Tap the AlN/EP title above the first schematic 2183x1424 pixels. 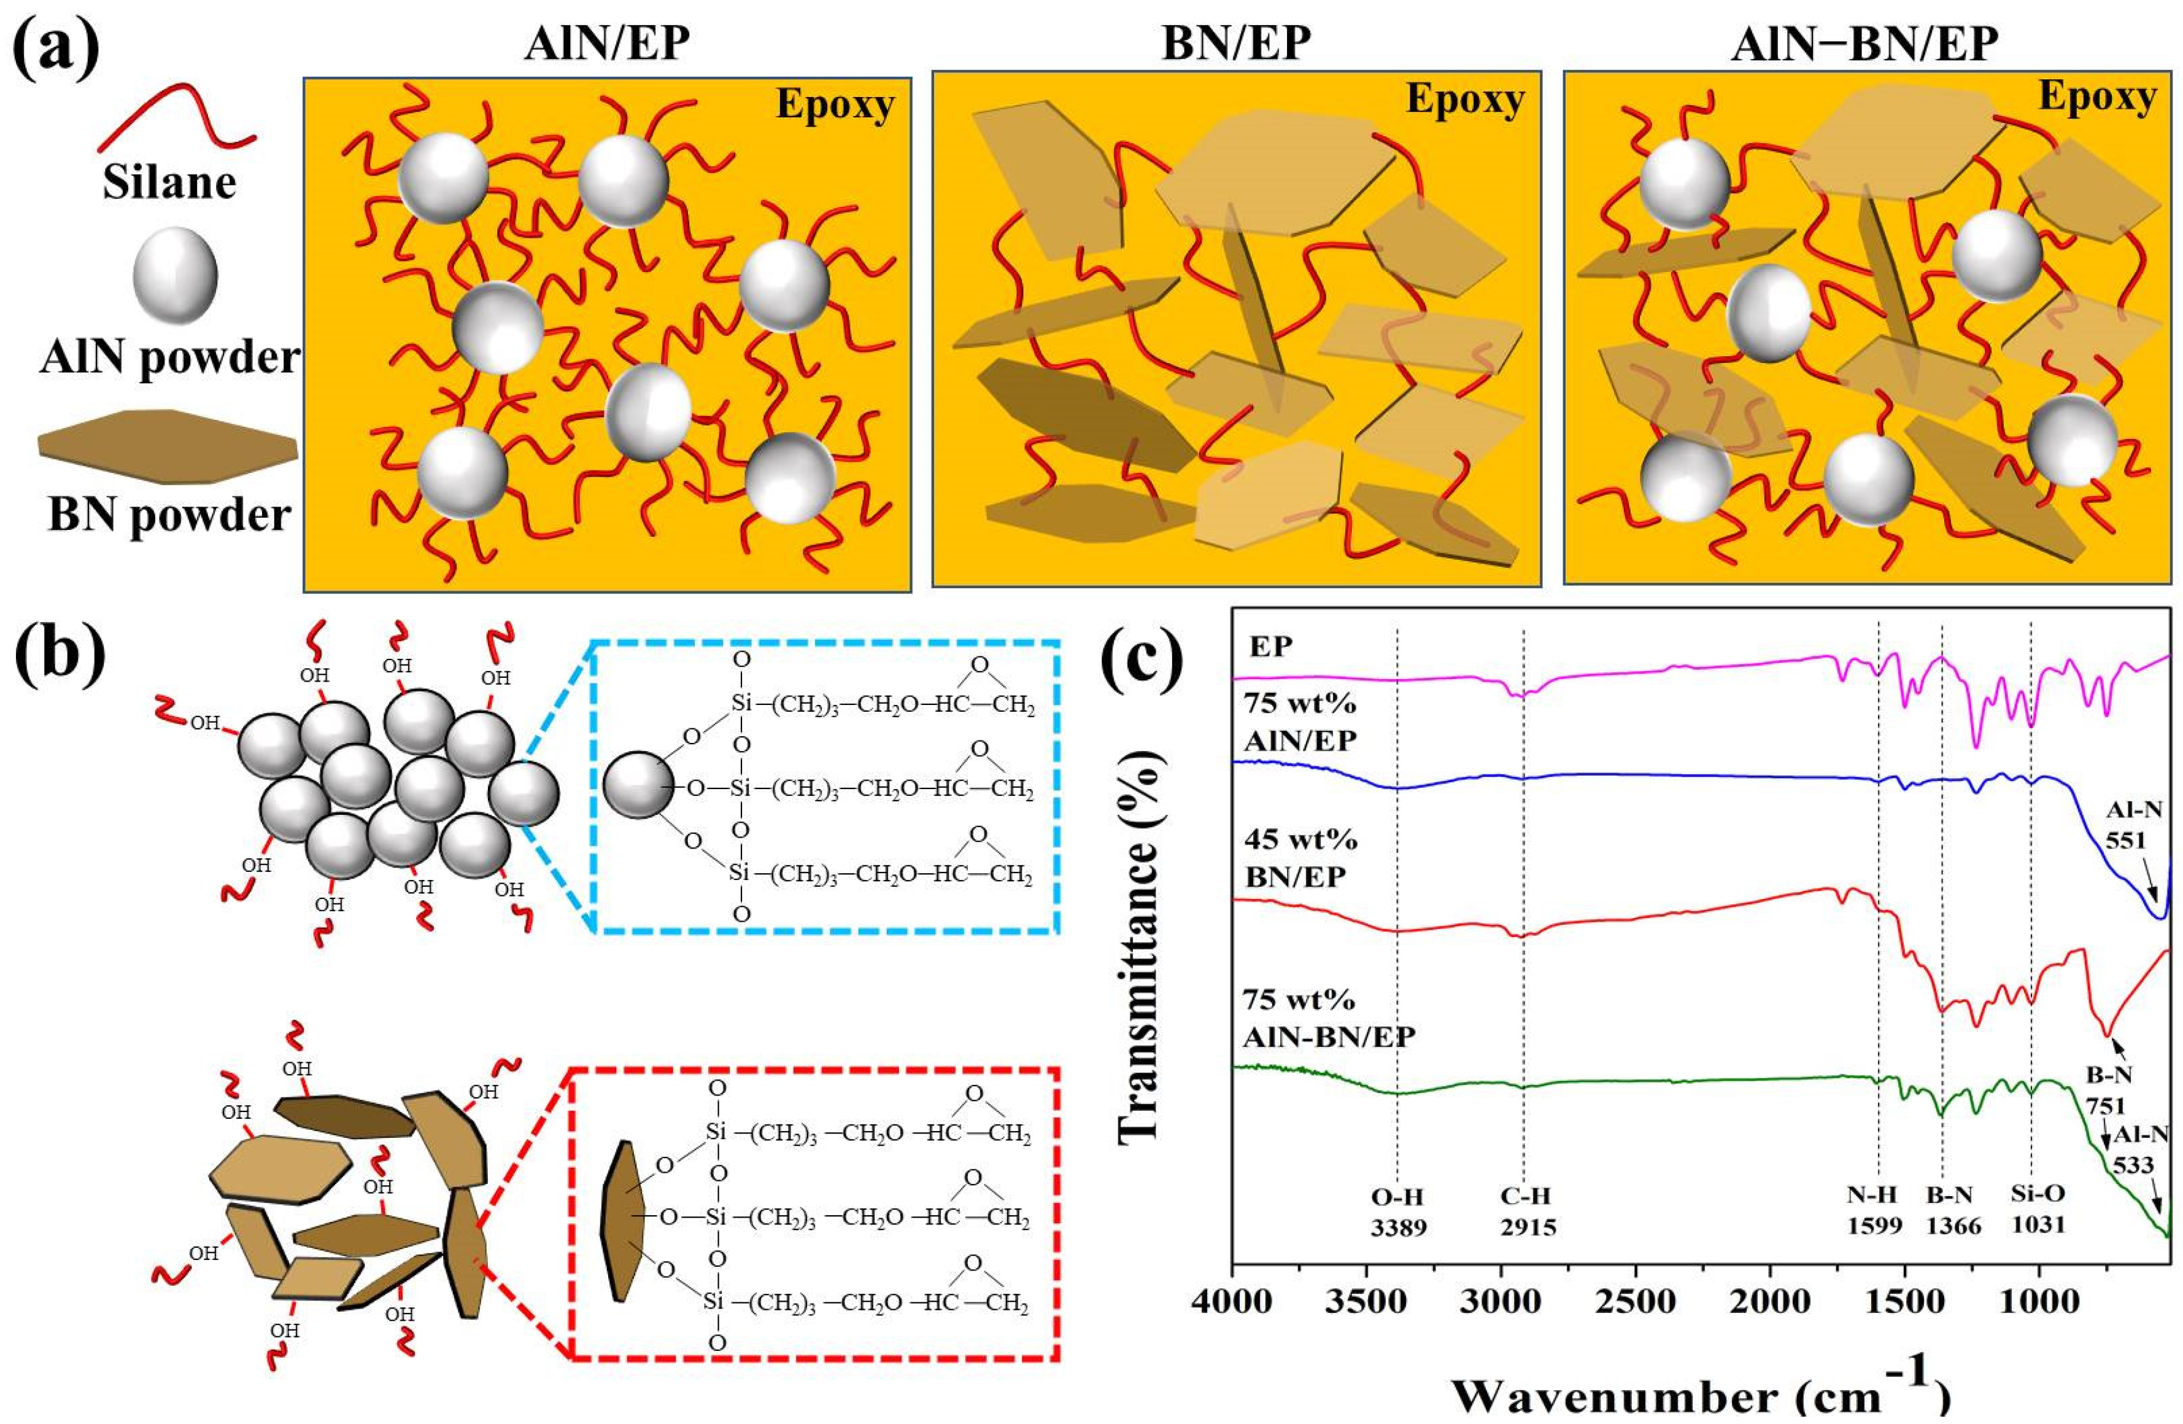coord(606,42)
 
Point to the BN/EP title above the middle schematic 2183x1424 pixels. coord(1237,42)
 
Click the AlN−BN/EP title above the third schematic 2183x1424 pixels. coord(1864,42)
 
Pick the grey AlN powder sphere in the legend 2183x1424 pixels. coord(175,275)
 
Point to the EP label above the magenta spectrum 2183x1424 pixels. coord(1271,647)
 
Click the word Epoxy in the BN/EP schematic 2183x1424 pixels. coord(1465,99)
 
